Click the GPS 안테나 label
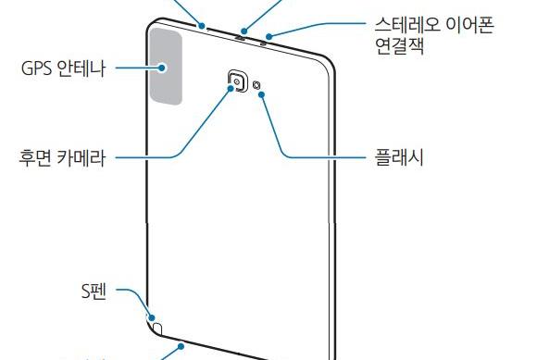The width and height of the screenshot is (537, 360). click(x=62, y=68)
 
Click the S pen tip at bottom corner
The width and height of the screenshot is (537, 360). click(x=157, y=327)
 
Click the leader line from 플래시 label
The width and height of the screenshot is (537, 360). click(x=315, y=157)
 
